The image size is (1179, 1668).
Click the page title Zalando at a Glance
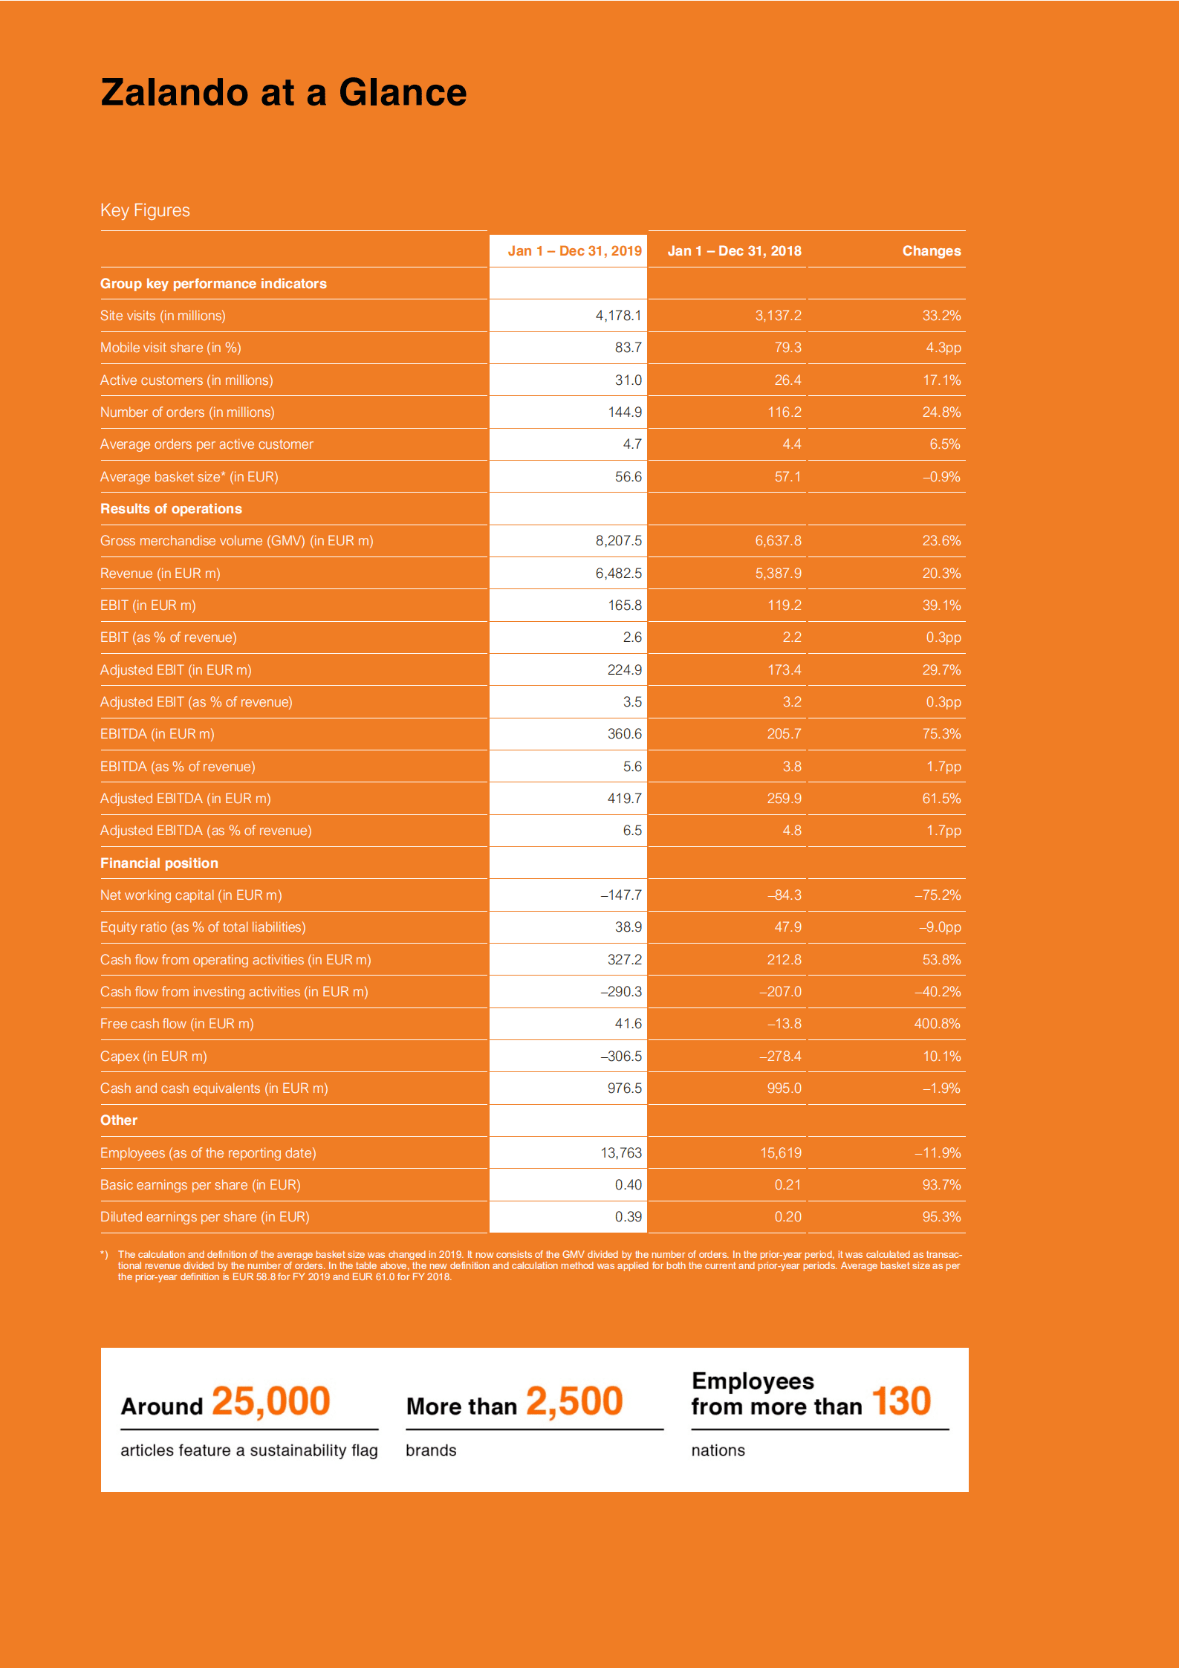click(x=283, y=93)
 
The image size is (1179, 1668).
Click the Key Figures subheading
click(x=145, y=210)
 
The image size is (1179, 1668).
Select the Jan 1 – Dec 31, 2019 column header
click(x=574, y=251)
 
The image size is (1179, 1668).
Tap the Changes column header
click(x=931, y=251)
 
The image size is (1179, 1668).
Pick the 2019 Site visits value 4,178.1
click(x=618, y=316)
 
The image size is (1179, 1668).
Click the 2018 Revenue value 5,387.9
click(x=778, y=574)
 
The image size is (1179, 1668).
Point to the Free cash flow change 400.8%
click(x=937, y=1024)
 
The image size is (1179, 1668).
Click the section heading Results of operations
click(x=171, y=509)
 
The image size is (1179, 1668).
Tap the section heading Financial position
click(x=159, y=863)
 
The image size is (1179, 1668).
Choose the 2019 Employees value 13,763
click(x=620, y=1153)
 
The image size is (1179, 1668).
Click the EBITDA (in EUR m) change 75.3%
click(x=941, y=734)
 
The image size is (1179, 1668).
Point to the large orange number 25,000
click(x=270, y=1401)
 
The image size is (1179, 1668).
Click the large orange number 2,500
click(x=574, y=1401)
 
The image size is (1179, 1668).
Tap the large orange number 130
click(x=900, y=1401)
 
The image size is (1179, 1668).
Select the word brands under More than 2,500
click(x=431, y=1450)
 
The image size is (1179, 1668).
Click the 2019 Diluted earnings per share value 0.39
click(x=628, y=1217)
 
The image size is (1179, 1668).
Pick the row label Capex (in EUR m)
click(x=153, y=1057)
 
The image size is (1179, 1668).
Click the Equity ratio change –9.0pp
click(x=939, y=927)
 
